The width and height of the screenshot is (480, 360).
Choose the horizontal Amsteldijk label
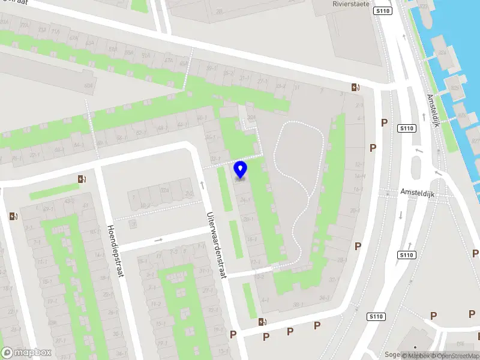tap(416, 192)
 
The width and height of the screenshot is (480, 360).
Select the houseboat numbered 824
tap(443, 53)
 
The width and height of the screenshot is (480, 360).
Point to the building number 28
tap(220, 11)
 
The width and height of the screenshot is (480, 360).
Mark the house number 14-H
tap(360, 176)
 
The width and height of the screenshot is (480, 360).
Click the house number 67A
tap(74, 38)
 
